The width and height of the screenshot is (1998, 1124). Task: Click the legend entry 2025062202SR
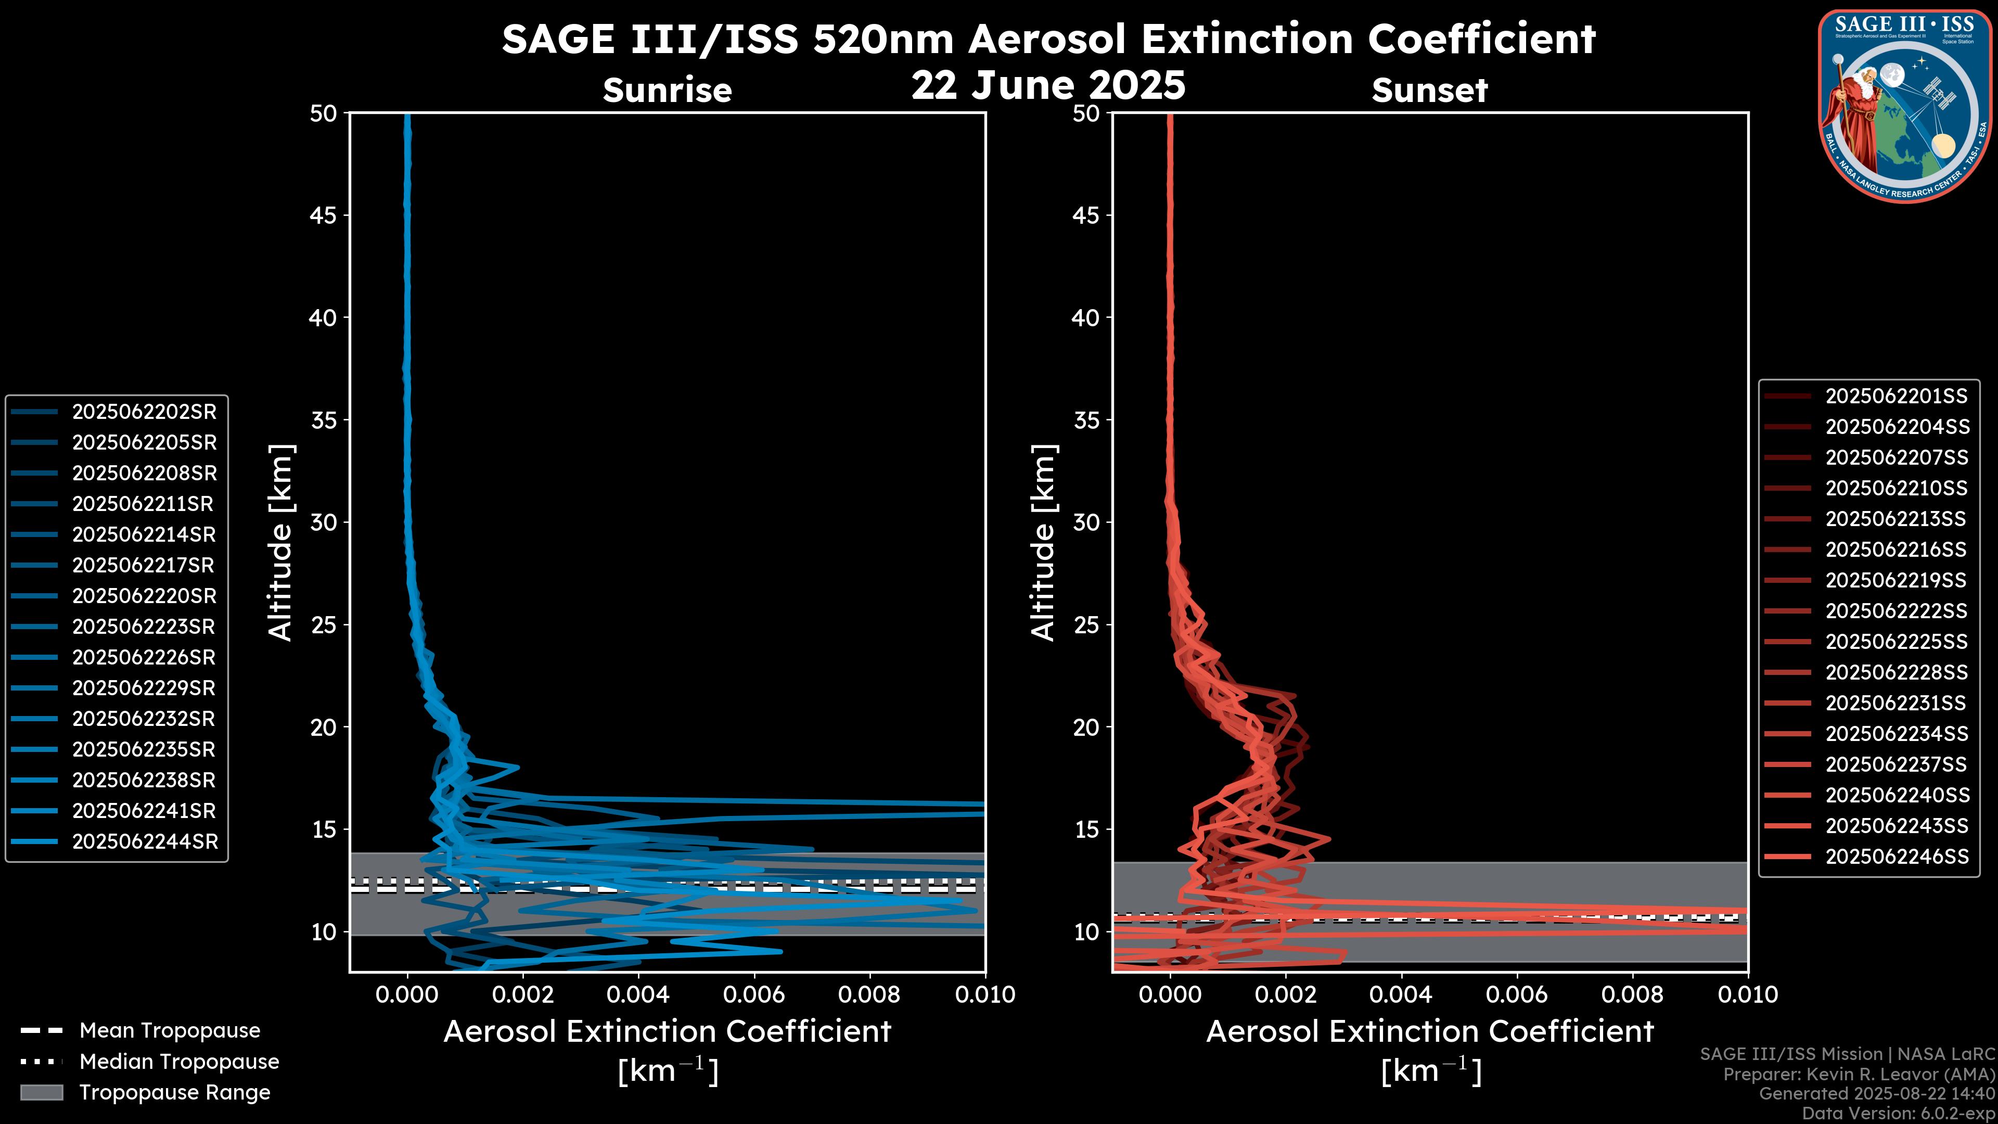[x=144, y=412]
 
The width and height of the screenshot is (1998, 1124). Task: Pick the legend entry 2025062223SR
[x=144, y=627]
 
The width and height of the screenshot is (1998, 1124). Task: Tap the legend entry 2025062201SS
[x=1895, y=397]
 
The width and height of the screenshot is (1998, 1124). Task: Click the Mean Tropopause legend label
[x=170, y=1030]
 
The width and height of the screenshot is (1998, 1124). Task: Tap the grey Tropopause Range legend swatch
[x=42, y=1092]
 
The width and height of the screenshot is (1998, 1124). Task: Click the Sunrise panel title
[x=667, y=90]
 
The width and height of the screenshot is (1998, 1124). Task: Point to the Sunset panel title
[x=1429, y=90]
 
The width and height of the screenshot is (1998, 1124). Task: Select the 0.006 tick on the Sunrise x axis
[x=753, y=994]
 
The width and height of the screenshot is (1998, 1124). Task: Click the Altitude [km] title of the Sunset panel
[x=1043, y=542]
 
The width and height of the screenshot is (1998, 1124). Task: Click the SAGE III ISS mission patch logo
[x=1904, y=105]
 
